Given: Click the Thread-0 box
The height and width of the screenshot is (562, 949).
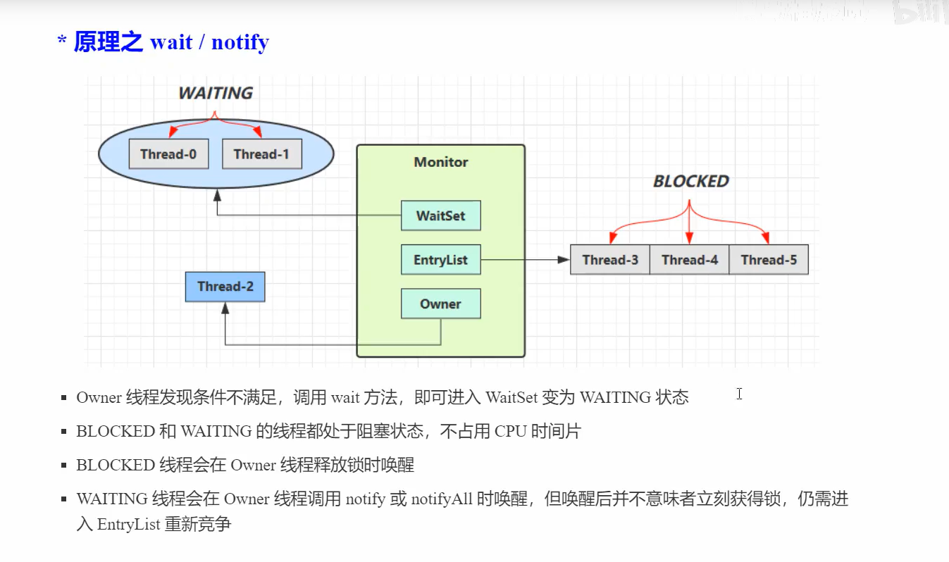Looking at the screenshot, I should [x=168, y=154].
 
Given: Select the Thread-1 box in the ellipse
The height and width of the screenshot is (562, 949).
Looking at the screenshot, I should [x=261, y=154].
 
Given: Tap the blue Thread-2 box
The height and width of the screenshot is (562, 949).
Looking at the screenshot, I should [x=225, y=287].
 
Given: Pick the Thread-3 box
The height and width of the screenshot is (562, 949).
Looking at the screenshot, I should [x=610, y=260].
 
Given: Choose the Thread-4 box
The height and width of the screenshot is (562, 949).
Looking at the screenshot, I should [x=689, y=260].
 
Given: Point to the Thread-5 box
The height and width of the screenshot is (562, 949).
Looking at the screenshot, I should [x=769, y=260].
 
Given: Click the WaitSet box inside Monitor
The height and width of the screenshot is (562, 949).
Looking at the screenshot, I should [x=440, y=216].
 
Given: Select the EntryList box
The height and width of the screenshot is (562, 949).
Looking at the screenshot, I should [x=440, y=260].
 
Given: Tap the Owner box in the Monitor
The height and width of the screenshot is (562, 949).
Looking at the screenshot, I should [x=440, y=304].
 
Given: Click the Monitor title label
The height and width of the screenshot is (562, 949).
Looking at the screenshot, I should [x=440, y=162].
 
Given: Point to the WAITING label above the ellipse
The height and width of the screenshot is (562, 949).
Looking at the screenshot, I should [x=215, y=93].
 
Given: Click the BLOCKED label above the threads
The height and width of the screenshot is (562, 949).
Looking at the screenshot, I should [x=690, y=182].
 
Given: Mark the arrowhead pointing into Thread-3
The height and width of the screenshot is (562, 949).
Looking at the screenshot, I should [x=564, y=260].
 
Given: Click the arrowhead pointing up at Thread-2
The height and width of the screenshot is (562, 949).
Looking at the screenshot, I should [x=225, y=308].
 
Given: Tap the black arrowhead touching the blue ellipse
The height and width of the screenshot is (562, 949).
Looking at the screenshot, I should [x=217, y=192].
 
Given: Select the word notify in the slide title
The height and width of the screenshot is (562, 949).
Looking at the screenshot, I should [x=240, y=42].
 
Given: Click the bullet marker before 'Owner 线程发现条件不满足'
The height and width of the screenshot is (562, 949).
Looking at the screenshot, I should [x=64, y=398].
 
